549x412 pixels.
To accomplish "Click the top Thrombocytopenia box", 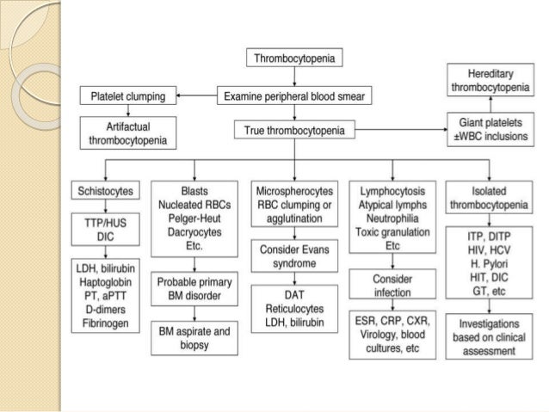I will coord(294,58).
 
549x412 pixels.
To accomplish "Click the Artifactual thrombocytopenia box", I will coord(128,132).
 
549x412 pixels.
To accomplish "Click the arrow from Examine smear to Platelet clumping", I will coord(192,95).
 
